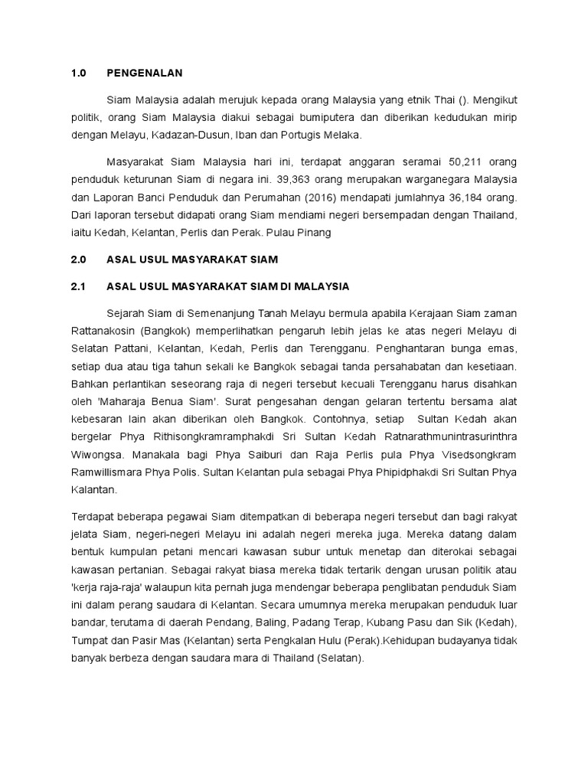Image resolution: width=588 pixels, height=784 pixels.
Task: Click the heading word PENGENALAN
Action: point(145,73)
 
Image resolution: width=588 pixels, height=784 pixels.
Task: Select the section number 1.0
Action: point(79,73)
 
